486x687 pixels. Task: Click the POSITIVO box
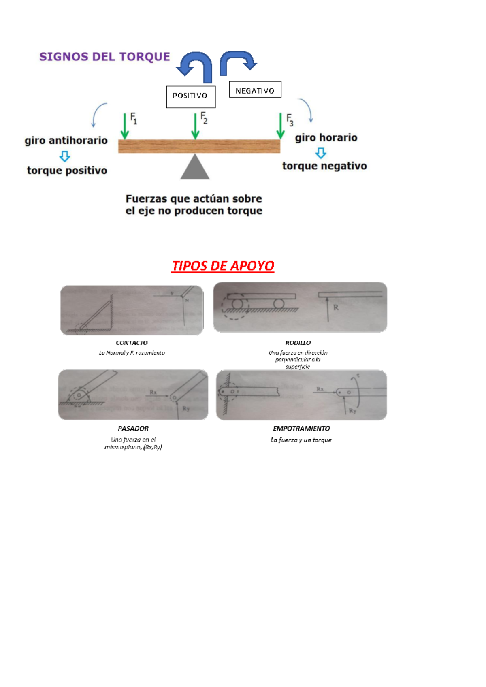(x=190, y=96)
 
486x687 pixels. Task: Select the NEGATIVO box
(x=255, y=90)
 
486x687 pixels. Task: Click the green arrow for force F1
(x=125, y=126)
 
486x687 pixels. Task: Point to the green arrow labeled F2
(x=195, y=126)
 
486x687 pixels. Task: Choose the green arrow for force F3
(x=280, y=126)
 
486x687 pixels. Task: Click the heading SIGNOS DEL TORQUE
(x=104, y=57)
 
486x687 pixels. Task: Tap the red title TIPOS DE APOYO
(x=223, y=266)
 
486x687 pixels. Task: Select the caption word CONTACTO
(x=132, y=343)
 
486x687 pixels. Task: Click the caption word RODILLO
(x=298, y=343)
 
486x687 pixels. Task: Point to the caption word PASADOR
(x=133, y=428)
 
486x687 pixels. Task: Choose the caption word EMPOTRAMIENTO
(x=301, y=428)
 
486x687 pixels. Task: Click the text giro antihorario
(x=66, y=141)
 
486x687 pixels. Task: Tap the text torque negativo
(x=324, y=166)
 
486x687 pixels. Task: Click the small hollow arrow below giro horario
(x=321, y=153)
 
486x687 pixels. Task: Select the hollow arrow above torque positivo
(x=65, y=156)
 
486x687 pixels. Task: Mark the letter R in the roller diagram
(x=336, y=307)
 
